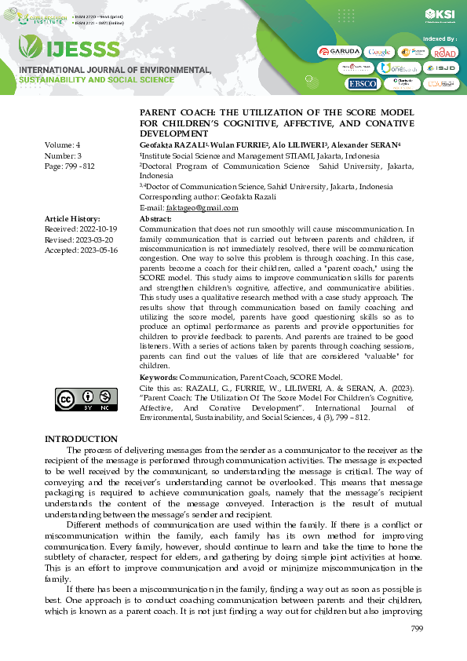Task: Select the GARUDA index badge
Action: pos(339,51)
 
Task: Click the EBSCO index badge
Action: pos(362,83)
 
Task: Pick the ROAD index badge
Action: pos(444,52)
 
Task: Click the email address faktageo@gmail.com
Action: pos(202,207)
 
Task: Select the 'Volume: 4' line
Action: pos(63,146)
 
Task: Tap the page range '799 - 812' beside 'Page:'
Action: pos(78,166)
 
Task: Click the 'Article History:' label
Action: pos(72,218)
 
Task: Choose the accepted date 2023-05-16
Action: pos(97,250)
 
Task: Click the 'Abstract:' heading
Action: pos(155,218)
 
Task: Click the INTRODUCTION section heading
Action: pos(81,439)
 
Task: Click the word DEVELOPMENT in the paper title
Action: pos(173,133)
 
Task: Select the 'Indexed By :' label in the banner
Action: pos(440,38)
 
